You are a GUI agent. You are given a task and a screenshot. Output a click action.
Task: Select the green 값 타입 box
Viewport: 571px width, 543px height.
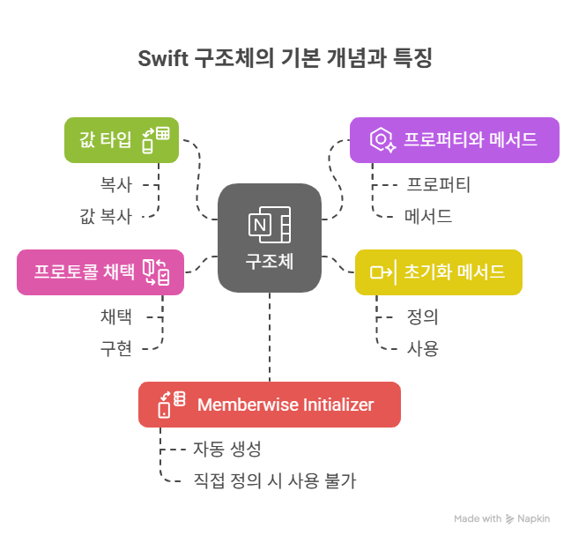coord(121,139)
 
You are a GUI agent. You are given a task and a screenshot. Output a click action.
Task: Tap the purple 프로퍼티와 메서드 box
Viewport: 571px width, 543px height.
coord(454,139)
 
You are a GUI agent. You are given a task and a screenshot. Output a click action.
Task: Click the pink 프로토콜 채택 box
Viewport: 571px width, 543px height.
coord(100,271)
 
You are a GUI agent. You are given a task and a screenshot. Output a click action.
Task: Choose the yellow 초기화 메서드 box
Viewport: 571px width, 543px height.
coord(438,271)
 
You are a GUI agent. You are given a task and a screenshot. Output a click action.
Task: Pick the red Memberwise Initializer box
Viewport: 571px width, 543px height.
coord(269,405)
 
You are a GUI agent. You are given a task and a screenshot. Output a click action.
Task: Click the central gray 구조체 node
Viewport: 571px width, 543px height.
coord(270,236)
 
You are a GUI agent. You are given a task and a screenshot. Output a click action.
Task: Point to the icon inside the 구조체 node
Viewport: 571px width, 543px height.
coord(270,226)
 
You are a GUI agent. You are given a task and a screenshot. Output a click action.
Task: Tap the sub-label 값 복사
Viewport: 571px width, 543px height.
coord(106,215)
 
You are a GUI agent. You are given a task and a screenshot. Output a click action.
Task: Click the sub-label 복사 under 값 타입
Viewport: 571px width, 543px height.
coord(115,185)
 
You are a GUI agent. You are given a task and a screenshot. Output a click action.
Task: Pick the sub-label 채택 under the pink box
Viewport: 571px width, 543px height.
coord(115,317)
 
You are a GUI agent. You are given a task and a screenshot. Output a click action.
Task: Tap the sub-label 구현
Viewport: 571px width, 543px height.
coord(115,347)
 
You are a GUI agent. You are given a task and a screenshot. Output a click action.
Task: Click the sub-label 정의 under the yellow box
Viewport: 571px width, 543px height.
coord(422,317)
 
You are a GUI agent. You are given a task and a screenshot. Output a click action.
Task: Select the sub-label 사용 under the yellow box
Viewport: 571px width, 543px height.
coord(422,347)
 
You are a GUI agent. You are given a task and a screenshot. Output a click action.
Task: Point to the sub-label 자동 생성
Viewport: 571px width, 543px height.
coord(227,450)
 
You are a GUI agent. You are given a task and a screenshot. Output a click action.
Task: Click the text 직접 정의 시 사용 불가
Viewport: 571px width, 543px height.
coord(274,480)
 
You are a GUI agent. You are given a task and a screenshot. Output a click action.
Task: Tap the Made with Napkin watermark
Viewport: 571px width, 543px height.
coord(501,519)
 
